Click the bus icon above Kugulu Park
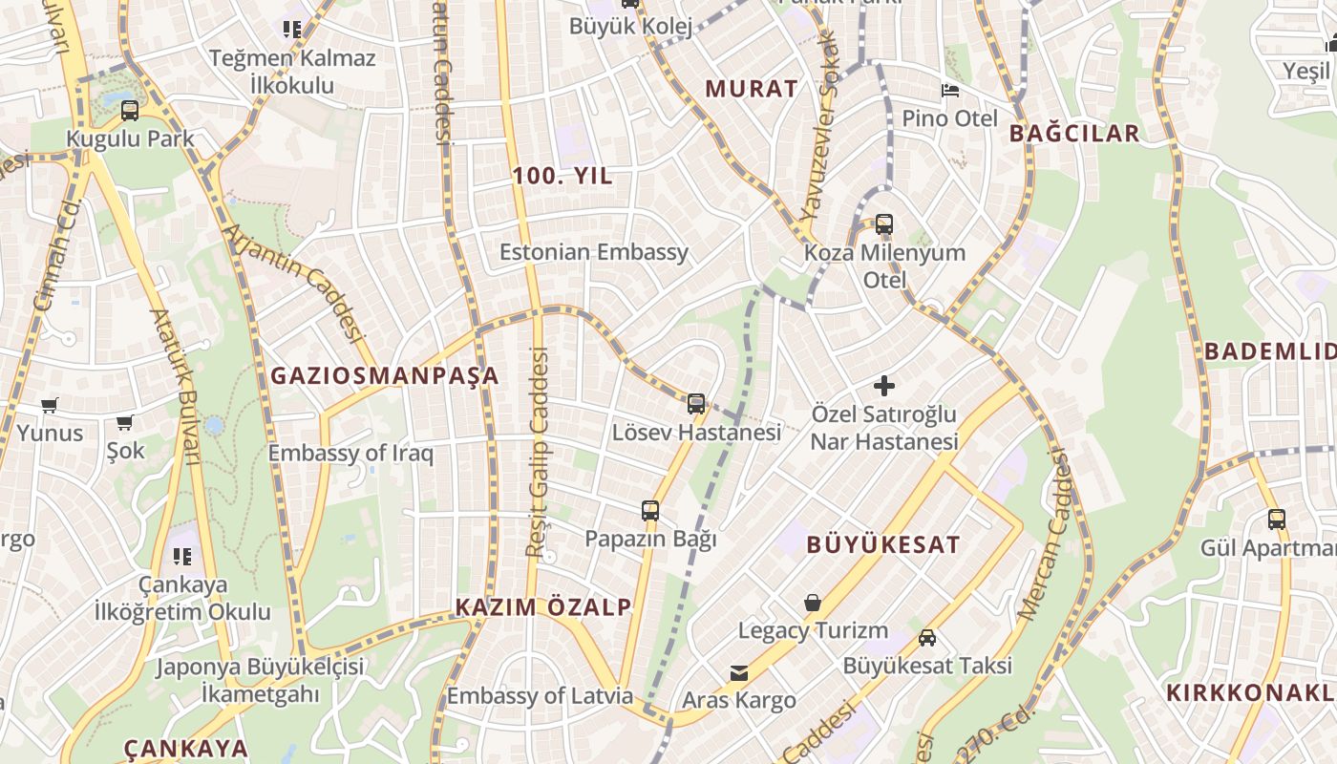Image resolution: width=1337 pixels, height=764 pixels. (x=130, y=111)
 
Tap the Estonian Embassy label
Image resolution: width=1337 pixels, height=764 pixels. (x=594, y=252)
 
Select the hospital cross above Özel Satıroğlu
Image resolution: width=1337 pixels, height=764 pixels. (x=884, y=386)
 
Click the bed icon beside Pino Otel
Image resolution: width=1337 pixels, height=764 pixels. (x=950, y=91)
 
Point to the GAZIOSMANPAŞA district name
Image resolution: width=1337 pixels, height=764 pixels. (x=385, y=375)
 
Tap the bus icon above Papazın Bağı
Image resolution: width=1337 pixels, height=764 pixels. (x=650, y=511)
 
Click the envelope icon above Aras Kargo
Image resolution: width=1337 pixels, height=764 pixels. (x=739, y=673)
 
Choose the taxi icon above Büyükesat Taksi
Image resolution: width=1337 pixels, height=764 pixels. (x=927, y=637)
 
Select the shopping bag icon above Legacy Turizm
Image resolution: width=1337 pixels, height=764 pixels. (x=813, y=603)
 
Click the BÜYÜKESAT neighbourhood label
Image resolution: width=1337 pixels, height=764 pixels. (x=883, y=545)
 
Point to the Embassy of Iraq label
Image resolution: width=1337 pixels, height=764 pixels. (x=350, y=454)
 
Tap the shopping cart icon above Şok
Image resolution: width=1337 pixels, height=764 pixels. (x=125, y=422)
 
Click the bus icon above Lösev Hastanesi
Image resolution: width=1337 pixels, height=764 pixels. (x=696, y=404)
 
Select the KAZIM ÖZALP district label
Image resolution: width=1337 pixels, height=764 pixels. (x=543, y=607)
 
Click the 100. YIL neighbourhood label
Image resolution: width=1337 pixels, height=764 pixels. (x=562, y=177)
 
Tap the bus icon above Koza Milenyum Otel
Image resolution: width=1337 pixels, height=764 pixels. (x=884, y=224)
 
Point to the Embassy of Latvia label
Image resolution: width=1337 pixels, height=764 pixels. (x=540, y=696)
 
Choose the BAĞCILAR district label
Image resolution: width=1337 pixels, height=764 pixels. (x=1074, y=134)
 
